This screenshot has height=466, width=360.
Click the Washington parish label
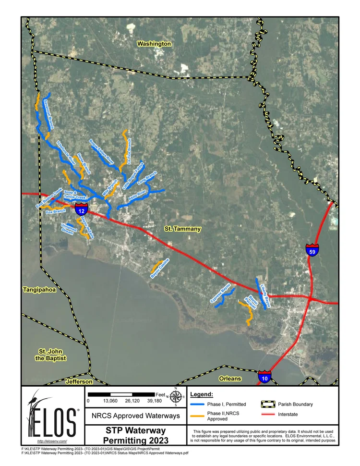154,44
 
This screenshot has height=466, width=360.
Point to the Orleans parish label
230,379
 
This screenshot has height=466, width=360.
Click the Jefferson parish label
79,381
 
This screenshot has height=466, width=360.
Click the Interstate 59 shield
312,250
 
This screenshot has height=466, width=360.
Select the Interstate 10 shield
264,376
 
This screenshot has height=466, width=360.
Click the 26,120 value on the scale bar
132,400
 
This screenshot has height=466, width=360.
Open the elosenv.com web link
52,441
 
